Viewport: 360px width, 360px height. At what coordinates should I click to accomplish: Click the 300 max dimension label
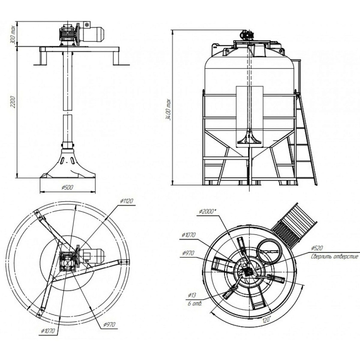click(13, 35)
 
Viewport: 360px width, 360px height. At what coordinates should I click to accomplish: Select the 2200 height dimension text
click(13, 102)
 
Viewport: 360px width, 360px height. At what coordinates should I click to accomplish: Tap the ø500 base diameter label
click(67, 187)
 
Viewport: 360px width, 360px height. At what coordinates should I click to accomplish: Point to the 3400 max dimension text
click(169, 110)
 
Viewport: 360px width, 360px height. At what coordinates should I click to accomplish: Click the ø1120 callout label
click(126, 201)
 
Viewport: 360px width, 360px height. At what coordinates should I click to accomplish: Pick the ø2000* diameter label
click(208, 211)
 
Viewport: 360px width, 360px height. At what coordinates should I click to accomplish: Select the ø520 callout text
click(317, 248)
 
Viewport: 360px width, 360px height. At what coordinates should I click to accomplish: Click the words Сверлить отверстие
click(334, 256)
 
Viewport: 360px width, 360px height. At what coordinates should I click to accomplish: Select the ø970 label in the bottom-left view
click(109, 325)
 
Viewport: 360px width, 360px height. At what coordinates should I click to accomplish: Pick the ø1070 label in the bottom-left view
click(48, 331)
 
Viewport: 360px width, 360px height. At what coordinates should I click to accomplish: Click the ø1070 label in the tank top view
click(189, 235)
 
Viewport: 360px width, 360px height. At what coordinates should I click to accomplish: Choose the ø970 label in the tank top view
click(188, 253)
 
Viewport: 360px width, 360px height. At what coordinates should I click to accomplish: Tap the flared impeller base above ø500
click(68, 163)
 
